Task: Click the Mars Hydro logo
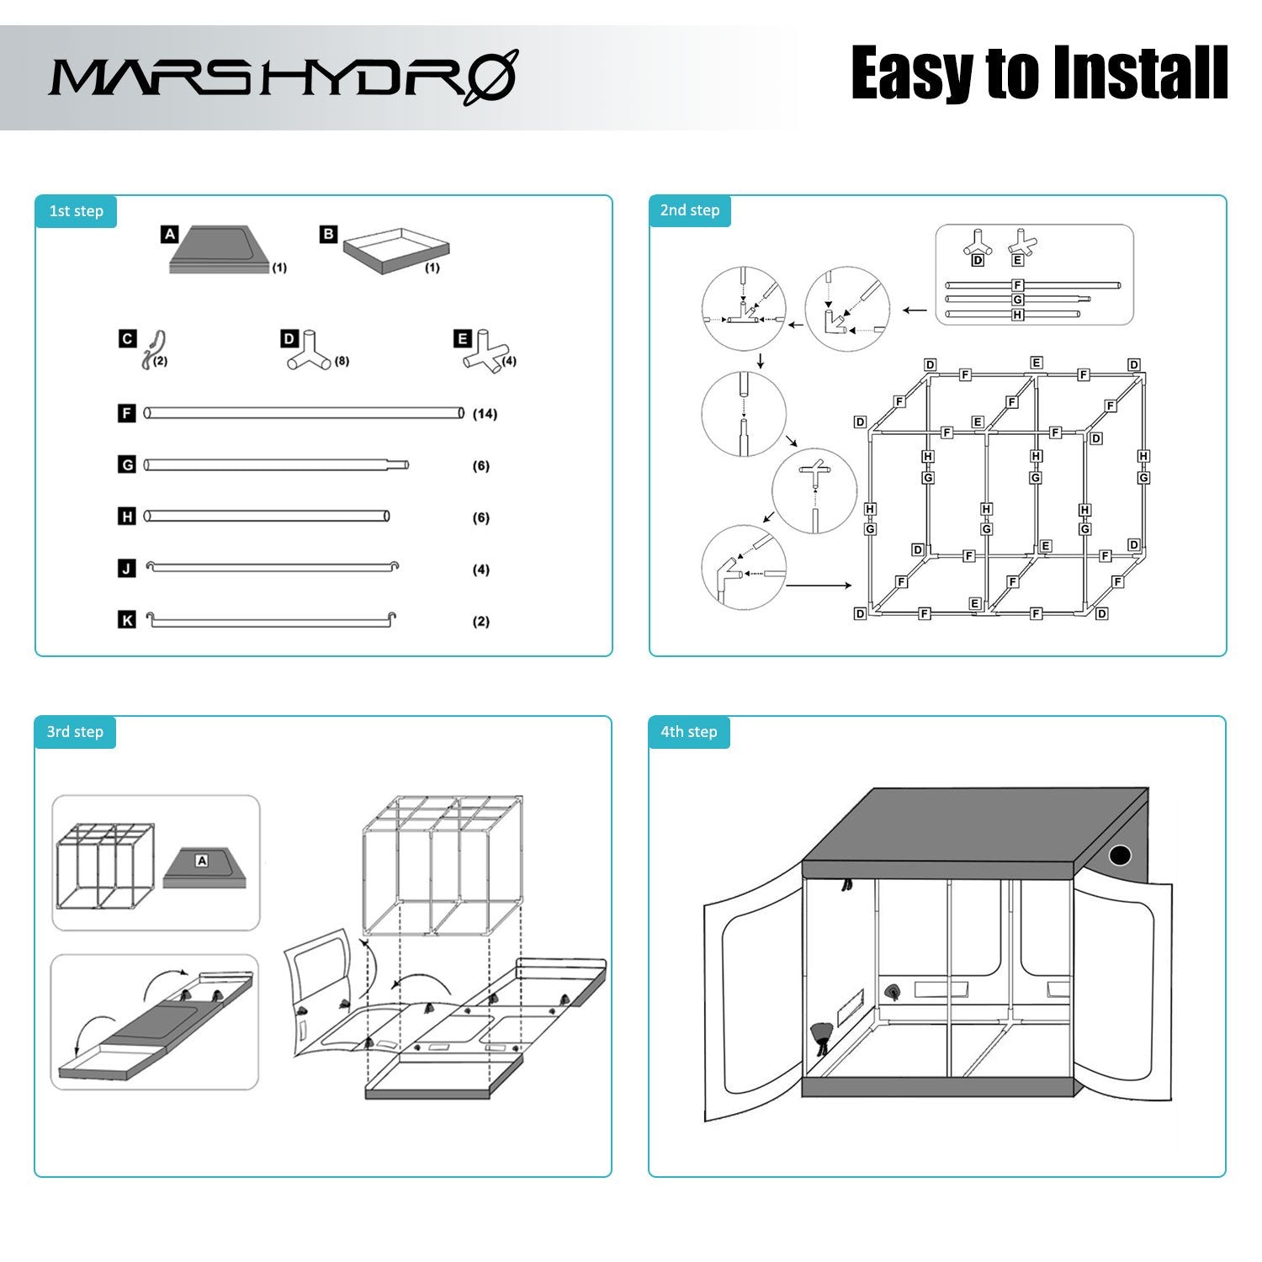(x=283, y=77)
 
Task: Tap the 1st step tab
(x=76, y=210)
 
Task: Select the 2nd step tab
(x=690, y=210)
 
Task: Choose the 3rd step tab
(x=75, y=732)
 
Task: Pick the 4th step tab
(x=689, y=732)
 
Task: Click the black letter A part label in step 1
(x=170, y=234)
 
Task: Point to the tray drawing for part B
(x=396, y=250)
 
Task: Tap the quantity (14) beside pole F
(x=485, y=414)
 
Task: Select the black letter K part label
(x=127, y=620)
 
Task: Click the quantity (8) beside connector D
(x=342, y=361)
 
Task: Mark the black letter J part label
(x=127, y=569)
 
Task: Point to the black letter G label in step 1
(x=127, y=464)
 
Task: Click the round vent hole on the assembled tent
(x=1120, y=856)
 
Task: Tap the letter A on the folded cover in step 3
(x=201, y=861)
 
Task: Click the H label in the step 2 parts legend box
(x=1017, y=315)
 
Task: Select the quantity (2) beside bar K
(x=481, y=622)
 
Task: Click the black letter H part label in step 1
(x=127, y=517)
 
